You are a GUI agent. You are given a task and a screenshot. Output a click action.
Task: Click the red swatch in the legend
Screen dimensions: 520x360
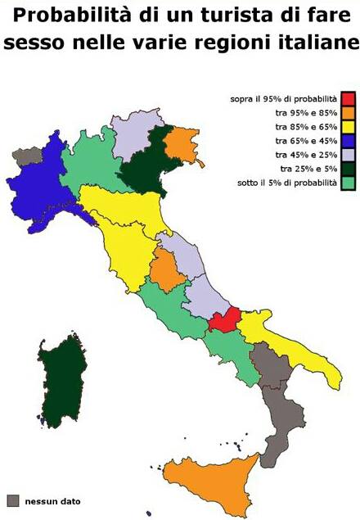pyautogui.click(x=348, y=99)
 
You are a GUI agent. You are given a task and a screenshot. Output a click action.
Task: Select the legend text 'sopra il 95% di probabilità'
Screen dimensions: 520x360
pyautogui.click(x=283, y=99)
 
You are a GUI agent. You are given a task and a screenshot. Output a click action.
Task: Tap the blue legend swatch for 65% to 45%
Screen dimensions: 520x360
pyautogui.click(x=348, y=141)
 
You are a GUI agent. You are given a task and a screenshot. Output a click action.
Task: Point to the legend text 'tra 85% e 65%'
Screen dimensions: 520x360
pyautogui.click(x=306, y=127)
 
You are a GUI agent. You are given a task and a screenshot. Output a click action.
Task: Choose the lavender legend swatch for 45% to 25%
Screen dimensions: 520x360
pyautogui.click(x=348, y=155)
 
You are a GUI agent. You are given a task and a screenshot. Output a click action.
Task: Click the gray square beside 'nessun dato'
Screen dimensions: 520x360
pyautogui.click(x=13, y=500)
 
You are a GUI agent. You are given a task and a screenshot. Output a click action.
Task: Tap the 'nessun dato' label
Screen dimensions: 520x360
pyautogui.click(x=52, y=501)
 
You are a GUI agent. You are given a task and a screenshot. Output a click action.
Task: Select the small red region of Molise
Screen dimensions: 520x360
pyautogui.click(x=223, y=319)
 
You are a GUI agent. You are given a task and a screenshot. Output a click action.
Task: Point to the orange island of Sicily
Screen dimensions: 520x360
pyautogui.click(x=209, y=483)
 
